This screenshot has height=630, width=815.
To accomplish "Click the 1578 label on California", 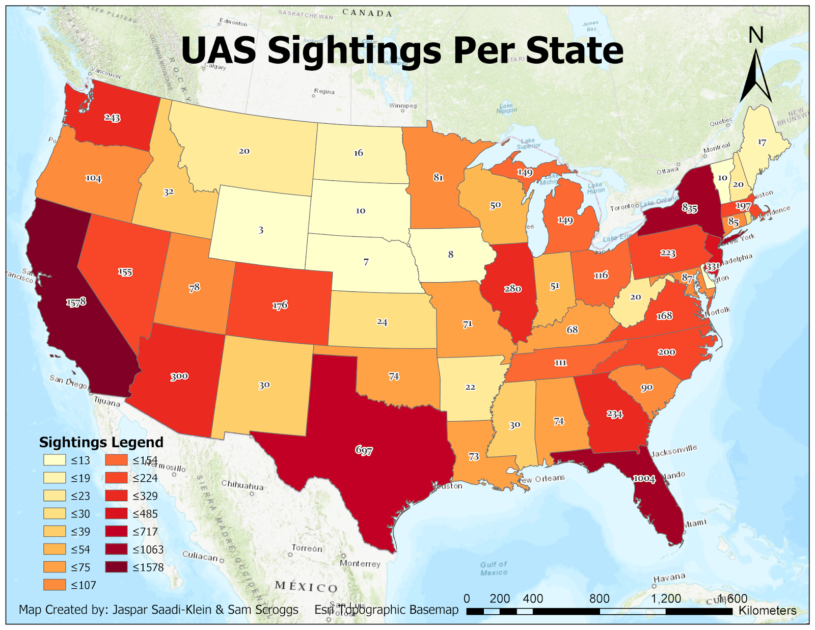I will click(76, 302).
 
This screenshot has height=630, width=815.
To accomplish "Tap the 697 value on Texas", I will click(364, 450).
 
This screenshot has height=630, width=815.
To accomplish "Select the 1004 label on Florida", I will click(644, 478).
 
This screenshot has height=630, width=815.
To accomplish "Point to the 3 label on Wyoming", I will click(261, 230).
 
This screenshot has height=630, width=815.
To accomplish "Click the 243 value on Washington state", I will click(112, 118).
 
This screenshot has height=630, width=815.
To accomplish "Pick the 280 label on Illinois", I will click(512, 289).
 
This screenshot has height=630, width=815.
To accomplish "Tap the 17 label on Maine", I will click(762, 142).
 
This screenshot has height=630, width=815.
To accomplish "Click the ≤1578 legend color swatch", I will click(116, 567).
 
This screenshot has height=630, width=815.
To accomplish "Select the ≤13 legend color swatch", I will click(55, 460).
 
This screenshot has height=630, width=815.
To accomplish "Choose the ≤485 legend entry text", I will click(145, 514).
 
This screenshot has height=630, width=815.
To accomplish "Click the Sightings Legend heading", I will click(101, 442).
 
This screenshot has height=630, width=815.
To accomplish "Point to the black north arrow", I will click(755, 76).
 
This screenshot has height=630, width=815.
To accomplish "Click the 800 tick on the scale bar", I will click(599, 598).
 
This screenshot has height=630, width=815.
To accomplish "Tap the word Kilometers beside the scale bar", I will click(767, 610).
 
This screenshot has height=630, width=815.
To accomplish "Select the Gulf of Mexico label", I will click(494, 568).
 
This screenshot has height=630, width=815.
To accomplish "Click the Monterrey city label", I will click(360, 563).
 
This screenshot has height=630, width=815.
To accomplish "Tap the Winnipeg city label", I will click(403, 106).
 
